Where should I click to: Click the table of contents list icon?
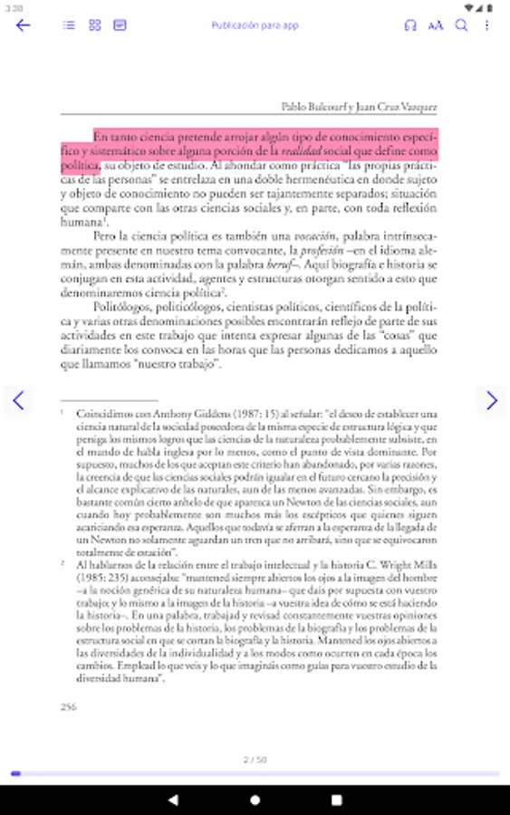point(69,25)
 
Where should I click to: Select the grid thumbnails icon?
point(94,25)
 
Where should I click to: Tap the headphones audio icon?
point(410,25)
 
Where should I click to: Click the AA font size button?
point(436,25)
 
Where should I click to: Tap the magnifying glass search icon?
point(461,25)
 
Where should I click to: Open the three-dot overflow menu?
point(486,25)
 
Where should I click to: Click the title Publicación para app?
point(255,25)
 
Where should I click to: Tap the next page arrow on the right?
point(491,399)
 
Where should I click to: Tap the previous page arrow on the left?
point(18,399)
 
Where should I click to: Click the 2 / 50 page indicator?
point(255,758)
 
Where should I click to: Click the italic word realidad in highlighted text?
point(299,150)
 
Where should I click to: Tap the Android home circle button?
point(255,800)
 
